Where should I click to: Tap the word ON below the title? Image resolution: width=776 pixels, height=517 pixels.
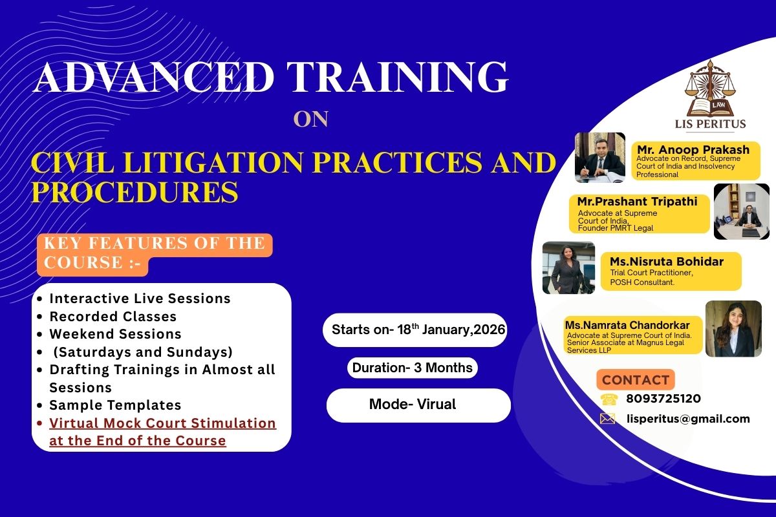pos(311,120)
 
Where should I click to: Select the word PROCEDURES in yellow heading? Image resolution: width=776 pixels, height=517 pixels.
pos(135,192)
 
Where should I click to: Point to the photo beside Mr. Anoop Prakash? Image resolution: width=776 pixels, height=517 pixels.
pos(599,158)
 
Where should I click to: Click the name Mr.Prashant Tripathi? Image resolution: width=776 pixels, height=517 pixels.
pos(637,202)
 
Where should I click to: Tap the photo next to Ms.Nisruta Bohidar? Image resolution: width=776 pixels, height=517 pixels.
pos(568,268)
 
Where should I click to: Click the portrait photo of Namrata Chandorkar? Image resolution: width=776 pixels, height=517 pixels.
pos(733,328)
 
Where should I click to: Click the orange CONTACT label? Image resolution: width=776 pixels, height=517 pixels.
pos(636,379)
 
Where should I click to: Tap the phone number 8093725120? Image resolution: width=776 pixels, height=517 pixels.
pos(663,399)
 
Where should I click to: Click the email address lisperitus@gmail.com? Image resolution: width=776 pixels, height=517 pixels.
pos(688,419)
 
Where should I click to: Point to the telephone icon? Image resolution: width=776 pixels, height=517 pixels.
pos(609,399)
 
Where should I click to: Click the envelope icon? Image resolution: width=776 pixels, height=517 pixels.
pos(607,419)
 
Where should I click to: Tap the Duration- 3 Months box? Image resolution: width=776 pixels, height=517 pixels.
pos(413,368)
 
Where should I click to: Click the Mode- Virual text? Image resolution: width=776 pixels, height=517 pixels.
pos(413,405)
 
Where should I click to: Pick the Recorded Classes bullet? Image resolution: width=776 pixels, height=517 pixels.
pos(113,317)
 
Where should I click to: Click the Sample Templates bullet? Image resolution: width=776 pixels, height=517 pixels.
pos(115,405)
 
